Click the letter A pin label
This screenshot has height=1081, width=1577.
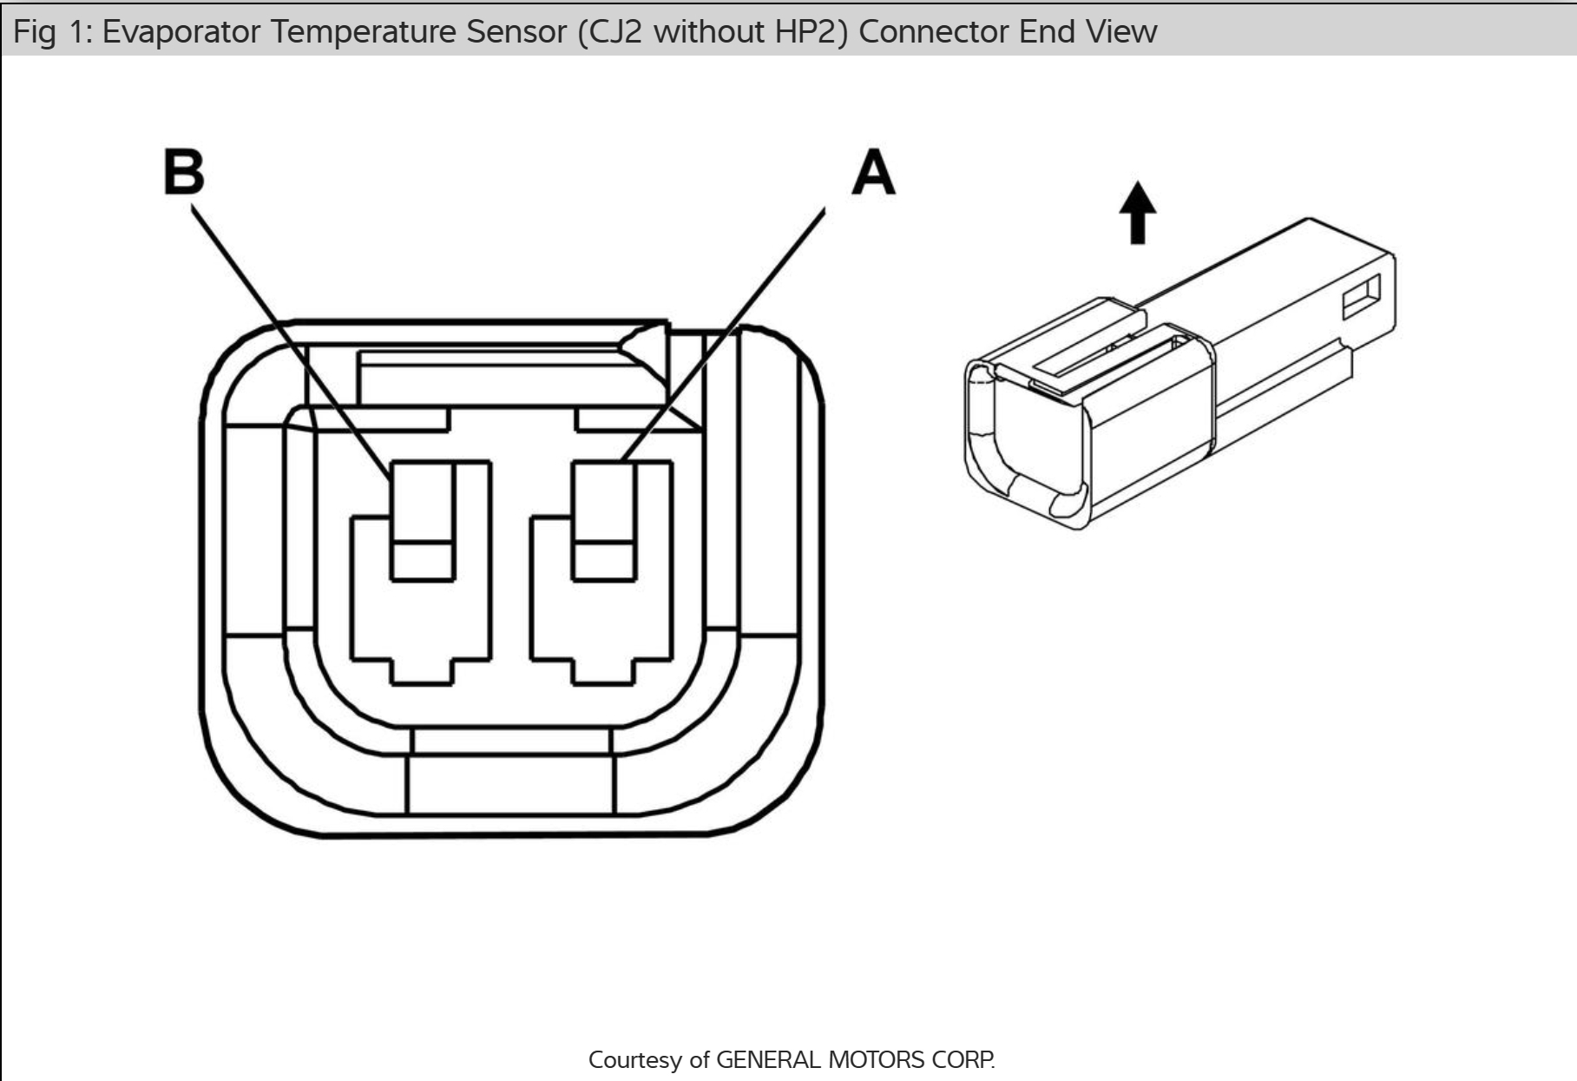pyautogui.click(x=872, y=172)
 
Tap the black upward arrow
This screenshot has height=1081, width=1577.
pyautogui.click(x=1137, y=212)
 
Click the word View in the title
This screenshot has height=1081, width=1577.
pyautogui.click(x=1120, y=32)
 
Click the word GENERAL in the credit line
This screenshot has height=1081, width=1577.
pyautogui.click(x=767, y=1060)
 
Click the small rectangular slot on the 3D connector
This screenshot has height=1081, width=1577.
pyautogui.click(x=1361, y=298)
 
